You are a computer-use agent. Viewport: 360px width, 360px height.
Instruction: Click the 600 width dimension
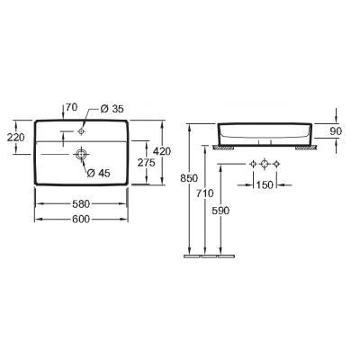tap(81, 220)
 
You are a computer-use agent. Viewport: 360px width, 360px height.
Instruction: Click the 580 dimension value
tap(81, 204)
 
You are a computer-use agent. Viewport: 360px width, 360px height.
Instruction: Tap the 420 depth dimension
tap(163, 151)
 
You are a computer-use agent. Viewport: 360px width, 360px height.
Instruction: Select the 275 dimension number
tap(146, 162)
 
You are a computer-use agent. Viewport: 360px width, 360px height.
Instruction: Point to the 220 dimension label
tap(15, 138)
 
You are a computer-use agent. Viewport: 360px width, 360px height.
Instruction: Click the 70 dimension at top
tap(72, 107)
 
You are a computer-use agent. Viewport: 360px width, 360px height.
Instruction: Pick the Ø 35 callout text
tap(112, 109)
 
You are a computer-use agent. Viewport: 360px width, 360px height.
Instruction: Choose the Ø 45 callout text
tap(99, 173)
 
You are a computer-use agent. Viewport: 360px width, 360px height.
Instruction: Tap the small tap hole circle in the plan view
tap(81, 131)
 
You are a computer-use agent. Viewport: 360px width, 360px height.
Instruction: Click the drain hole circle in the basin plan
tap(81, 154)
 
